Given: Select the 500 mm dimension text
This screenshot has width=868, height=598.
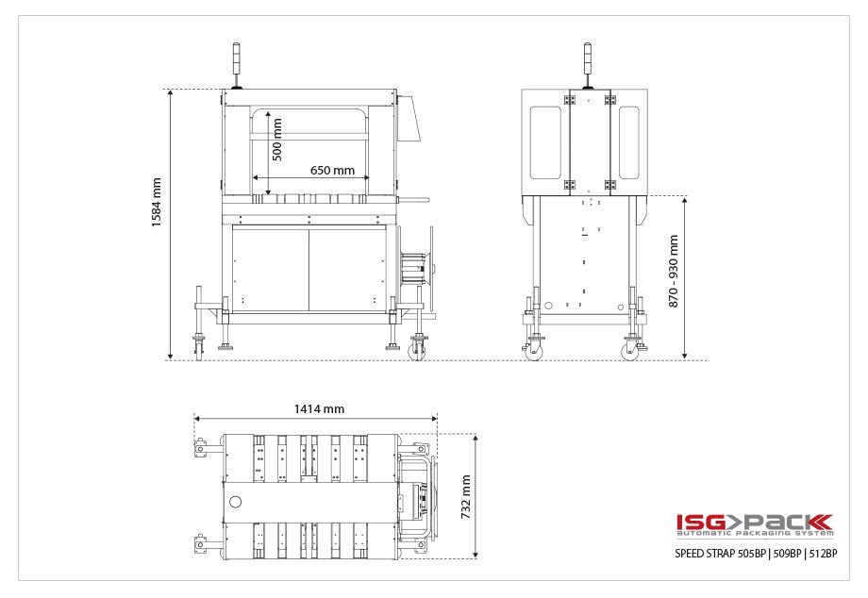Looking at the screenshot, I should point(276,139).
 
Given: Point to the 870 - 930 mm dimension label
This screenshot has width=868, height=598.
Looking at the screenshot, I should point(673,271).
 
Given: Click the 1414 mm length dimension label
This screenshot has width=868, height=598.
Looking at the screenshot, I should point(319,409).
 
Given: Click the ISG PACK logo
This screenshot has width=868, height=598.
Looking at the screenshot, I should point(754,522).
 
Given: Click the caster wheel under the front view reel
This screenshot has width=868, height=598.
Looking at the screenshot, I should point(417,351).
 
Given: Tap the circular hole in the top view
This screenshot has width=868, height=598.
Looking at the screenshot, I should point(235,500).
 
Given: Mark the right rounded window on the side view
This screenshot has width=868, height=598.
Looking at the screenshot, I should point(628,142).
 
